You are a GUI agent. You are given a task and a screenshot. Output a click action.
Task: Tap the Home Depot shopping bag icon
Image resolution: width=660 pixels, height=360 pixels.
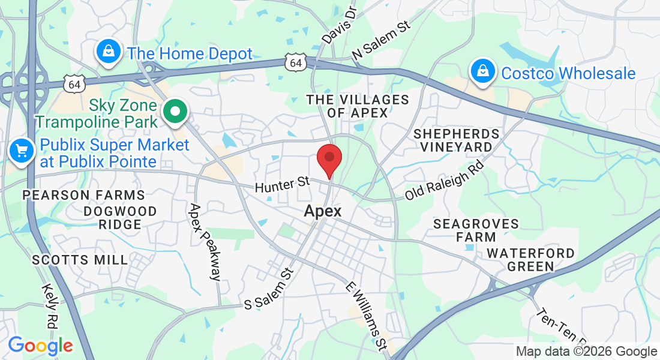pos(108,52)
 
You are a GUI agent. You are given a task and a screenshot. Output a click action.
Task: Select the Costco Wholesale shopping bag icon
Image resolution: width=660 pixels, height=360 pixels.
pos(482,71)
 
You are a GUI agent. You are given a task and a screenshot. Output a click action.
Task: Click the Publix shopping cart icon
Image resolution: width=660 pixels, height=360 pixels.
pos(22,151)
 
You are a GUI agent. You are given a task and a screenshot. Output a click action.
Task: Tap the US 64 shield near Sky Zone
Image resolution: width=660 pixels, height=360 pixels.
pos(74,84)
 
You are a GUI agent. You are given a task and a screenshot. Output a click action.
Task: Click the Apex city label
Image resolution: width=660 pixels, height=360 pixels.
pos(323,211)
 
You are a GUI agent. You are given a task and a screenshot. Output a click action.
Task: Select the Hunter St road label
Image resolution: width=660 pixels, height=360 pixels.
pos(282,184)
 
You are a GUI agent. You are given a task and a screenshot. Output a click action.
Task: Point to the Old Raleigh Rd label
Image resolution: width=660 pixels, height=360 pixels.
pos(444,180)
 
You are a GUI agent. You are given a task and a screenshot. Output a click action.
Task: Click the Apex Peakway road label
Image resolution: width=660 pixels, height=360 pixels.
pos(205,242)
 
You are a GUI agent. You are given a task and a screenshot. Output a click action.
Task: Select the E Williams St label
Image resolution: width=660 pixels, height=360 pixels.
pos(366,315)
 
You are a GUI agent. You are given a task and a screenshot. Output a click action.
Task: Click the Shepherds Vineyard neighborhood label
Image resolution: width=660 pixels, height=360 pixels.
pos(457,140)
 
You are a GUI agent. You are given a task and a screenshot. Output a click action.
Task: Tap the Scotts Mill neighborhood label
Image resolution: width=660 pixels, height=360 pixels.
pos(80,260)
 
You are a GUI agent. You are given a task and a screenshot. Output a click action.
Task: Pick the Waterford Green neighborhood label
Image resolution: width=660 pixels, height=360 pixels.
pos(530,260)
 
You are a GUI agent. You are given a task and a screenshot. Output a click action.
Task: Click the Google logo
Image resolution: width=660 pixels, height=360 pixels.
pos(40,346)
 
